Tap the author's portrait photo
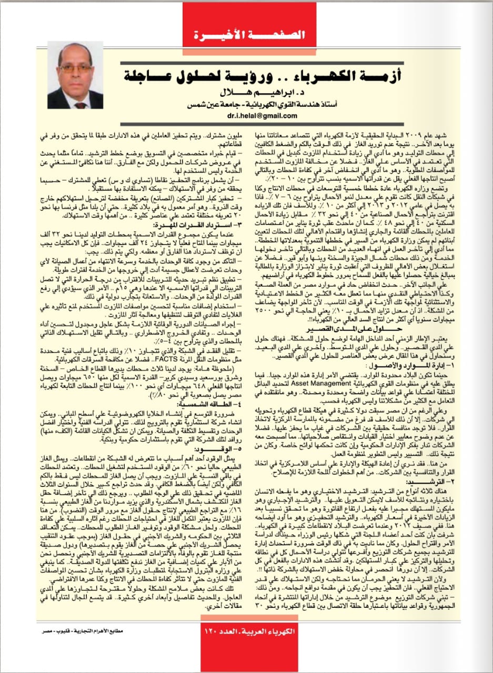75,75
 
